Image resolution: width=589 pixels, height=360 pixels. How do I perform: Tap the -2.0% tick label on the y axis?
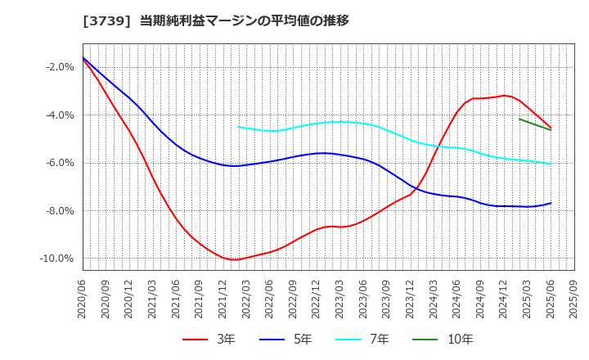point(60,67)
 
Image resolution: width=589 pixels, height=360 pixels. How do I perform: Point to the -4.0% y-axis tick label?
point(60,115)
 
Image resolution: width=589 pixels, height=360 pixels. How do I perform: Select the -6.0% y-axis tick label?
point(60,163)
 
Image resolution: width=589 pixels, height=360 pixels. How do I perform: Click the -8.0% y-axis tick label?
point(60,211)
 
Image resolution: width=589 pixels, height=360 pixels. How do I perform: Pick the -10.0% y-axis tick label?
point(57,259)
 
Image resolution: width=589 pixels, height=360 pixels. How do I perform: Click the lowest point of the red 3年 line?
point(235,259)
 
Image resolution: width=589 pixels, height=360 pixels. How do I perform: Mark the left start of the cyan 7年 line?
point(239,126)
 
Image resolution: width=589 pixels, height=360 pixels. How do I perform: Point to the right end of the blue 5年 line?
point(551,203)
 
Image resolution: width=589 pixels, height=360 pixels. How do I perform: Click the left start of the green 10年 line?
point(519,119)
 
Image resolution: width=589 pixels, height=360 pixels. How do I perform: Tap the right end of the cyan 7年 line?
point(551,164)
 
